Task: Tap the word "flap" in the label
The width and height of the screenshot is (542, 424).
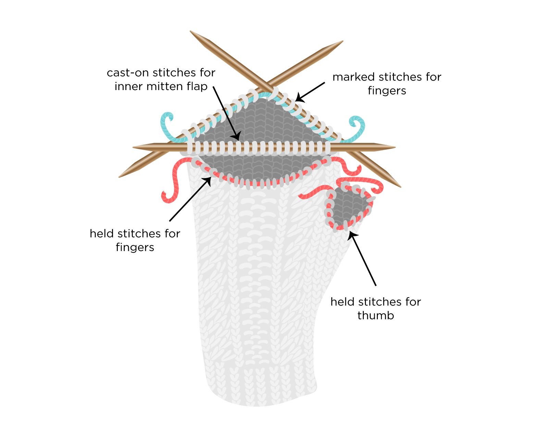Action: point(197,86)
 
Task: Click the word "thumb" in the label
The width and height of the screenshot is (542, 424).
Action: point(375,315)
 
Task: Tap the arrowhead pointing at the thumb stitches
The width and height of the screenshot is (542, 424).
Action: point(352,235)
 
